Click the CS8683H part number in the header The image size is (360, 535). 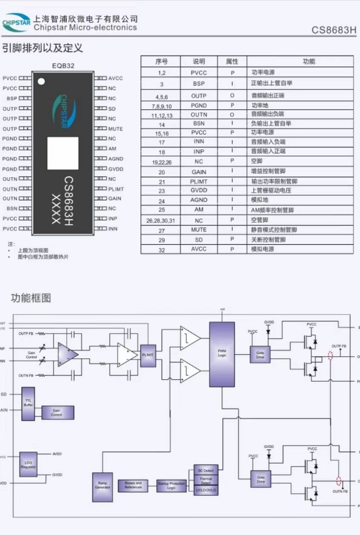point(334,30)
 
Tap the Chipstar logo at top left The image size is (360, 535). point(16,23)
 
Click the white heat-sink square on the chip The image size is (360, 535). point(63,153)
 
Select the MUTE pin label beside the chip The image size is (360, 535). point(115,129)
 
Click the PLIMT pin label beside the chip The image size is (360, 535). point(116,189)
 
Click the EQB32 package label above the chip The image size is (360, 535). point(63,66)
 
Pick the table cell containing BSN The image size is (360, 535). point(199,123)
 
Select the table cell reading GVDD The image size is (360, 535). point(199,190)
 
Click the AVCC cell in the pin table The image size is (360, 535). point(199,250)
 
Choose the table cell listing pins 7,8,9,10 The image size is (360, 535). point(162,105)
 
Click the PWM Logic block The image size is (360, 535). point(222,354)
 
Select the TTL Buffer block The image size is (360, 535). point(28,404)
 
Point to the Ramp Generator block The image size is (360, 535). point(102,487)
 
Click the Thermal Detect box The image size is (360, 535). point(206,480)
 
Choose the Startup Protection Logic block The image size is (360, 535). point(171,486)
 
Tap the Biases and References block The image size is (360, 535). point(133,485)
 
